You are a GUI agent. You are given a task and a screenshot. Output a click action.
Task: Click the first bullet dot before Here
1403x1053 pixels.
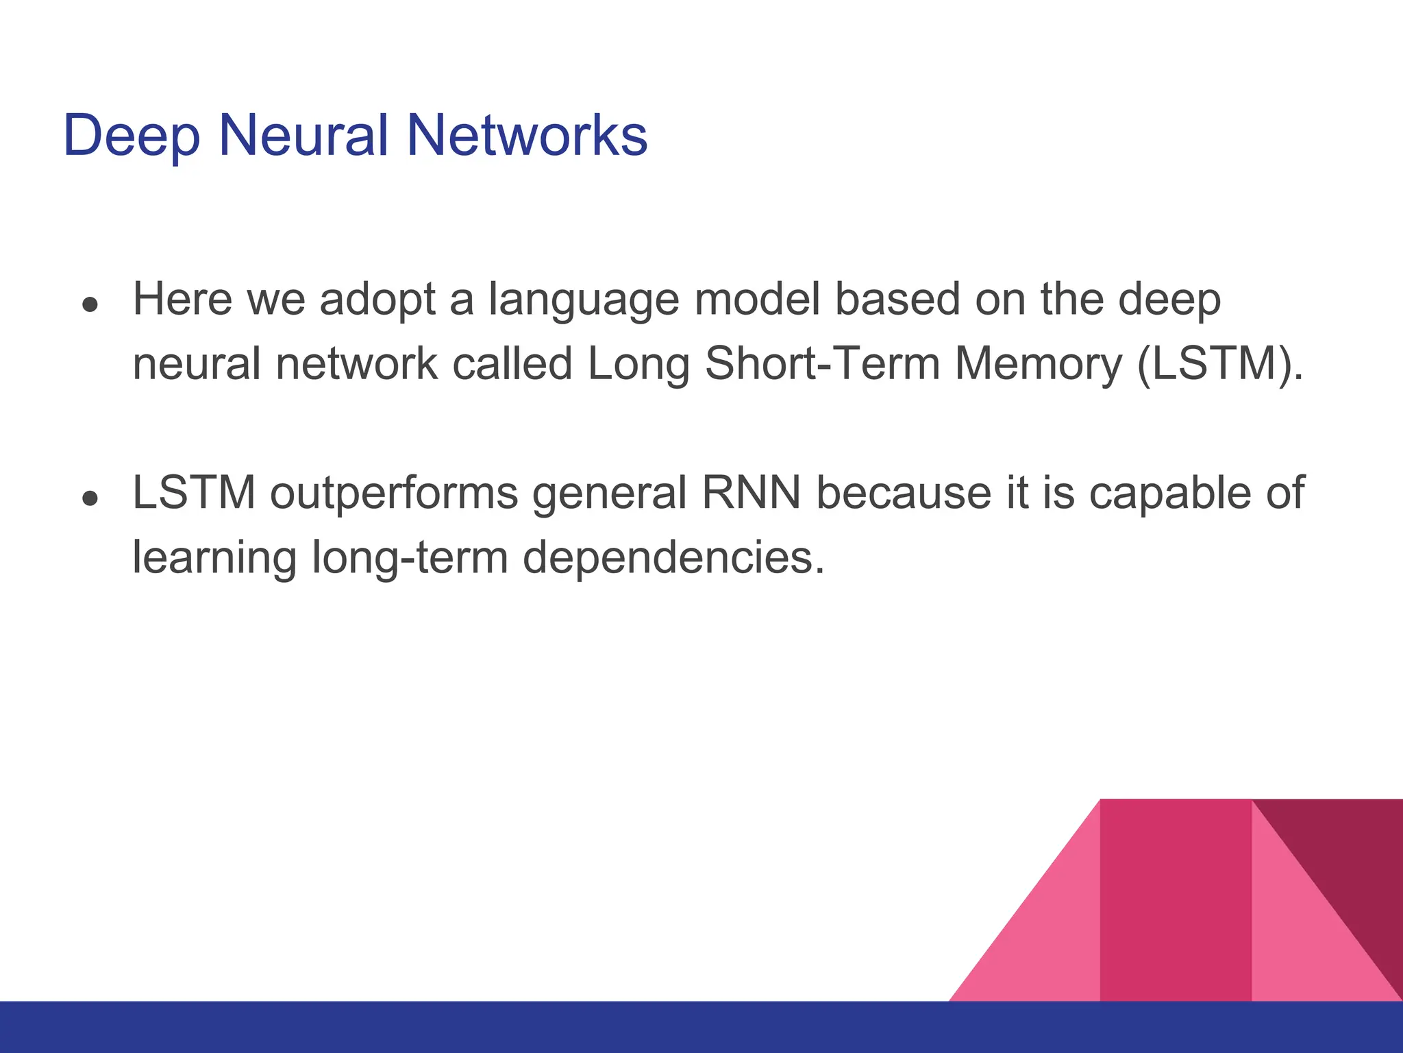(x=90, y=304)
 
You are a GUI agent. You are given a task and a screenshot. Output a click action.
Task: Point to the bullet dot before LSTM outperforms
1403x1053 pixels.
(x=90, y=498)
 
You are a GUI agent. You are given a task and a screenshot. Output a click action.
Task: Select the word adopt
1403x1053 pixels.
(x=377, y=300)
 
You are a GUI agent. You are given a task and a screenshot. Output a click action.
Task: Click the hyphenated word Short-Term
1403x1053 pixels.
(x=822, y=363)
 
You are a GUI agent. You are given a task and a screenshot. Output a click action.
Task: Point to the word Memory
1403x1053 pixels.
(x=1038, y=364)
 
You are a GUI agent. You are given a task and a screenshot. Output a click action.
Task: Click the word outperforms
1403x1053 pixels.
(x=394, y=494)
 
